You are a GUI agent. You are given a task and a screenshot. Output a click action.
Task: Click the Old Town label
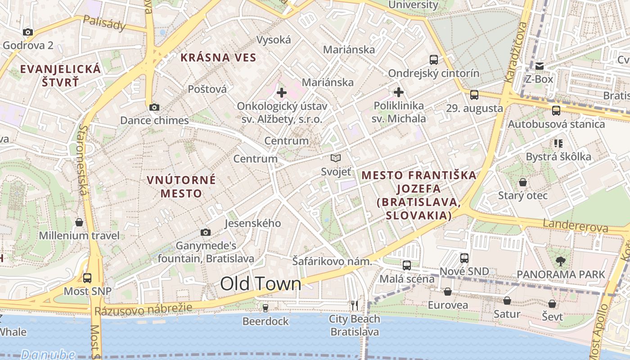261,283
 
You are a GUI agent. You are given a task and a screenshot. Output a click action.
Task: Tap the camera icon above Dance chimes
154,107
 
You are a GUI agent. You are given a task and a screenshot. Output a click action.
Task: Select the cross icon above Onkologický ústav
282,93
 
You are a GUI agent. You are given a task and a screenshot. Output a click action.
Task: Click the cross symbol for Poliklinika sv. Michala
398,93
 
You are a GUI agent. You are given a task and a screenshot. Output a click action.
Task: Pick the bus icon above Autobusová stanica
556,110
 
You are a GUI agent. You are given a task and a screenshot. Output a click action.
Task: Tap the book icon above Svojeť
336,158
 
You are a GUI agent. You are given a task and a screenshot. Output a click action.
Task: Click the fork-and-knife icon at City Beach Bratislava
355,306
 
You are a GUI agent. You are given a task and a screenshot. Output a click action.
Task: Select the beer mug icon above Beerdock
265,308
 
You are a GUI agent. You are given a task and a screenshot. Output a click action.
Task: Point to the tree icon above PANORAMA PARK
560,261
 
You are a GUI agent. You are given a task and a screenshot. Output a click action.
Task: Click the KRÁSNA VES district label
218,58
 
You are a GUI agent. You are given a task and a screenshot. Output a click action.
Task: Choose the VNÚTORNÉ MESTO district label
181,187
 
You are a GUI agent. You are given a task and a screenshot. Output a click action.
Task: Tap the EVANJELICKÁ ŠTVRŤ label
61,76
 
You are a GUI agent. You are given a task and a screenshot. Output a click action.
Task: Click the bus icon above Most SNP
87,278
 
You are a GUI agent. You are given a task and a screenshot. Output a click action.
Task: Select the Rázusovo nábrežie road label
143,309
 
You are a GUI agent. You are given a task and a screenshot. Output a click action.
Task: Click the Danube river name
48,355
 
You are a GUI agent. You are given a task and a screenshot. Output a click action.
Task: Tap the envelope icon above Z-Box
540,66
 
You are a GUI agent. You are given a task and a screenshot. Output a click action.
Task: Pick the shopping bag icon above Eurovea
448,292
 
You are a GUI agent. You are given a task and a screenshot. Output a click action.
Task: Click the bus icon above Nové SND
464,258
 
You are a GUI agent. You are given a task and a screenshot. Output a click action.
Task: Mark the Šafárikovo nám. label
332,261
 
